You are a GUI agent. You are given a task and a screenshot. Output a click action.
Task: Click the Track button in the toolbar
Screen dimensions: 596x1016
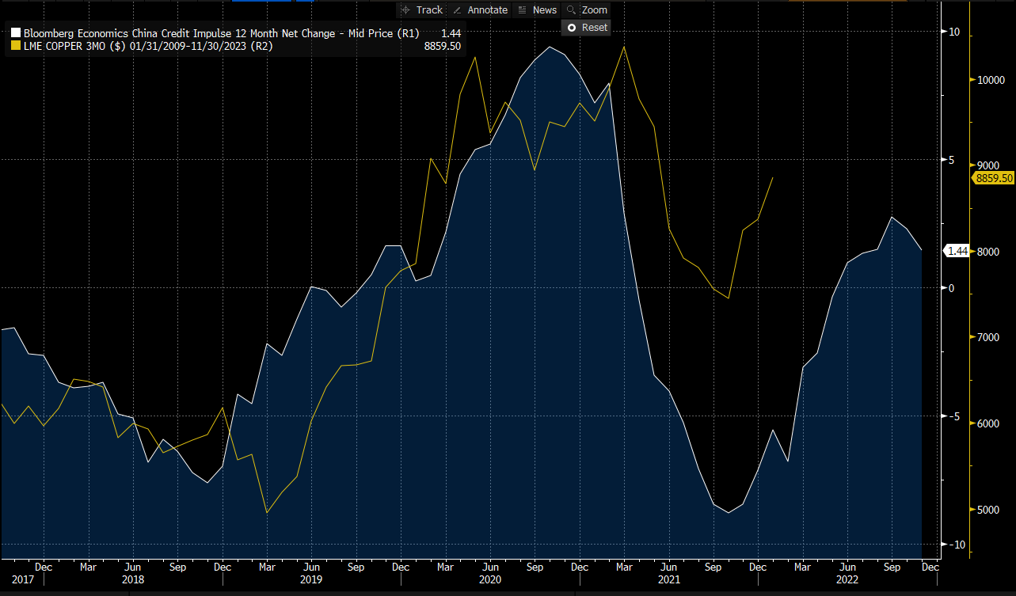tap(422, 9)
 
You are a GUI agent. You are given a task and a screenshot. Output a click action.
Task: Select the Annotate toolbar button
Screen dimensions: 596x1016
tap(480, 9)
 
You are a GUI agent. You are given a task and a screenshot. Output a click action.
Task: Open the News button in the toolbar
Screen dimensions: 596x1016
tap(537, 9)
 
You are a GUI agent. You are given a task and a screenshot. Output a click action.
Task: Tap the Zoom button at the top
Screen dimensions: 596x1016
tap(588, 9)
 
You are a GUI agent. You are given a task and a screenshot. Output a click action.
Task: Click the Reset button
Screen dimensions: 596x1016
tap(586, 27)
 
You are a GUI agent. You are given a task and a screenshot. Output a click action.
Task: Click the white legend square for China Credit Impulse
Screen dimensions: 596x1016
tap(15, 33)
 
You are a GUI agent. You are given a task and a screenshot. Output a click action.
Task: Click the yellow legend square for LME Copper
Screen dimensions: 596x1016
tap(15, 47)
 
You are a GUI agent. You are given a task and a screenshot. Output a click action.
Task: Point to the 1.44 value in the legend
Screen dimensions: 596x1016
tap(451, 33)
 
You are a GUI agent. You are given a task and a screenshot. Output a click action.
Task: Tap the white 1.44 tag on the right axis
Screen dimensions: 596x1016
tap(958, 251)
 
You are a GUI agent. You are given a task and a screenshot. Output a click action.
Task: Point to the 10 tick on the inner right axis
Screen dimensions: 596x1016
tap(953, 32)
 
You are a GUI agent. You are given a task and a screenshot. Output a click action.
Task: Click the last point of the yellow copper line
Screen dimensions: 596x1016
tap(773, 178)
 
